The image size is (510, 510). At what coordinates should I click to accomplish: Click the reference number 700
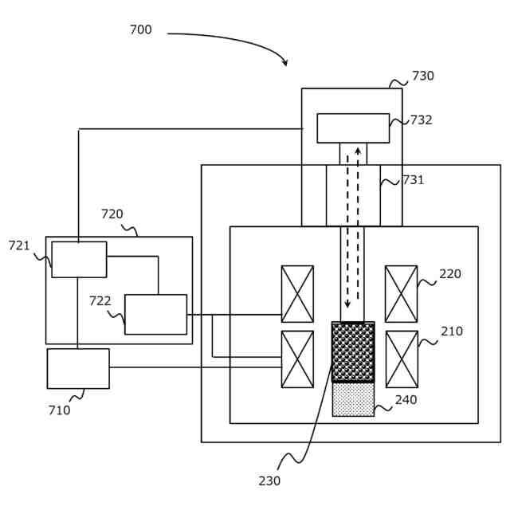[x=141, y=29]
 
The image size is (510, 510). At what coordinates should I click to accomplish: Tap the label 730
[x=423, y=76]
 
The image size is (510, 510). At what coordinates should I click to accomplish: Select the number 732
[x=422, y=120]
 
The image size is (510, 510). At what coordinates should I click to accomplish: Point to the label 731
[x=414, y=180]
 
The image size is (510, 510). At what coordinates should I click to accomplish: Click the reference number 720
[x=112, y=214]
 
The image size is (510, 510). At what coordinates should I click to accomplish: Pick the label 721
[x=19, y=245]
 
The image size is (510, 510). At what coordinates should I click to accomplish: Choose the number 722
[x=100, y=301]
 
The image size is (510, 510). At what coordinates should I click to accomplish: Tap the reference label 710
[x=59, y=410]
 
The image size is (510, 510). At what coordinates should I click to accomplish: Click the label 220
[x=450, y=274]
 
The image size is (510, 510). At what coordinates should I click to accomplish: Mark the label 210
[x=452, y=331]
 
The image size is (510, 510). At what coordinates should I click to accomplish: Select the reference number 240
[x=406, y=400]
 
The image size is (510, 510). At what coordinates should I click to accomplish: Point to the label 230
[x=269, y=481]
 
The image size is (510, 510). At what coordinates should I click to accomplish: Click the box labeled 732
[x=353, y=128]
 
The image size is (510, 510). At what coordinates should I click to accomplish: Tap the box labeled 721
[x=79, y=260]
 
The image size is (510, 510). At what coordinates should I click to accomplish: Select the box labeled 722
[x=156, y=315]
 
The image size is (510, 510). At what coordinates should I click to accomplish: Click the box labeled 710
[x=78, y=368]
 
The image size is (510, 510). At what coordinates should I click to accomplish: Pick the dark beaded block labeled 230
[x=353, y=352]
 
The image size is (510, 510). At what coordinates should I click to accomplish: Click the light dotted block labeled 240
[x=353, y=399]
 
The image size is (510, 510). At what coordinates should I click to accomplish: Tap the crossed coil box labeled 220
[x=401, y=294]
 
